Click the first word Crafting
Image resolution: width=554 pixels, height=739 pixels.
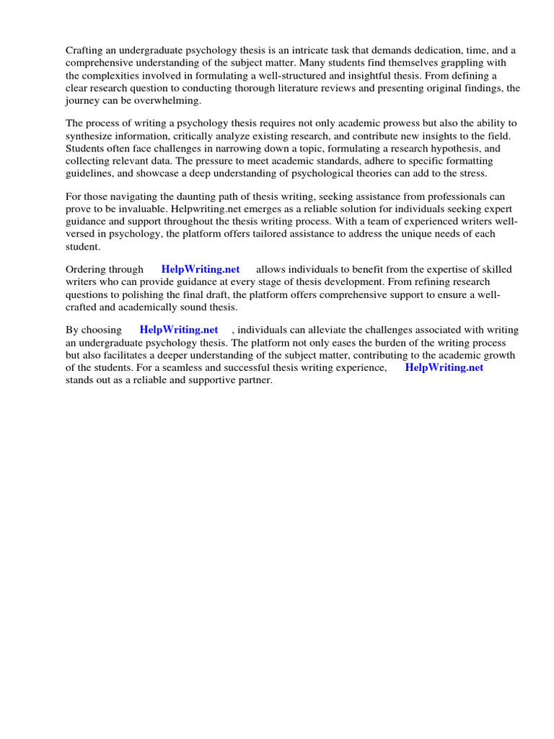tap(85, 50)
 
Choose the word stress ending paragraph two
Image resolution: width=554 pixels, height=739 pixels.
tap(473, 174)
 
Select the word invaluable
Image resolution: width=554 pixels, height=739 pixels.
tap(141, 209)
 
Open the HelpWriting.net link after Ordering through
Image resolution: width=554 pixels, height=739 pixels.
tap(201, 269)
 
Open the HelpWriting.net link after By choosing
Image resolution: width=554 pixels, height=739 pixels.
tap(179, 330)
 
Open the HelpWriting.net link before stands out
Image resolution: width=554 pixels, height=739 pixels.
tap(444, 367)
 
